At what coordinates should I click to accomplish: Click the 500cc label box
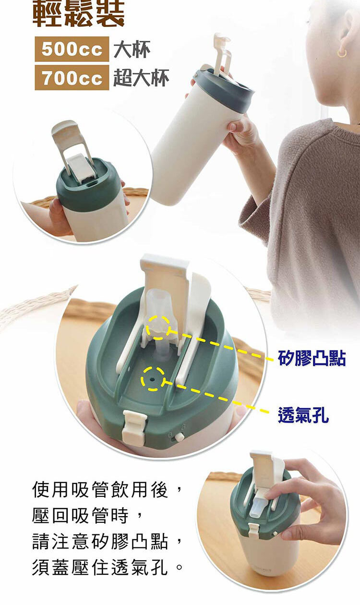coord(72,49)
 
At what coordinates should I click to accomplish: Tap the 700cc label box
coord(72,77)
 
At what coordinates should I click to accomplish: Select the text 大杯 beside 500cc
coord(132,49)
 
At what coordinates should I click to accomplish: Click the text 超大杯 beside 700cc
coord(141,78)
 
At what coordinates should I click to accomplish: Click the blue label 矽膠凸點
coord(312,358)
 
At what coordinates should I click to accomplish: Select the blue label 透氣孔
coord(303,415)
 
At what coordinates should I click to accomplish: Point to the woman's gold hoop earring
coord(342,53)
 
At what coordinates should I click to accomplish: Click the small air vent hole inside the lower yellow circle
coord(152,379)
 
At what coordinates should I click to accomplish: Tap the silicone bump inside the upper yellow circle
coord(158,328)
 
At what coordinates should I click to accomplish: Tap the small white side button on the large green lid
coord(179,437)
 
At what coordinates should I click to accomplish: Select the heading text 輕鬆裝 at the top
coord(78,13)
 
